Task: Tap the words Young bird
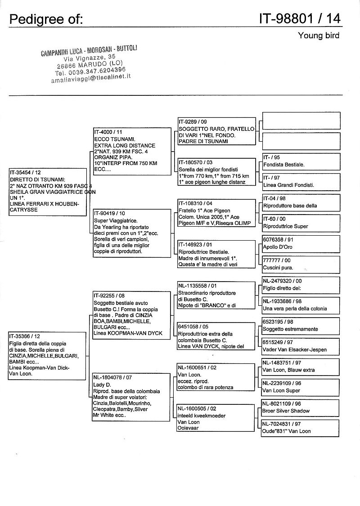click(x=319, y=36)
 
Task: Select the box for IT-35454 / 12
click(x=47, y=192)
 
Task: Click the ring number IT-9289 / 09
click(x=193, y=121)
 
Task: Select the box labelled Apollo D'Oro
click(x=301, y=244)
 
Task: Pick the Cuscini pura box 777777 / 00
click(x=301, y=264)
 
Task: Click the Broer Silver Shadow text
click(x=286, y=411)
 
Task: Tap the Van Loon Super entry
click(x=281, y=390)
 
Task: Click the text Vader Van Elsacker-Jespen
click(x=294, y=349)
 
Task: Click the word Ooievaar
click(x=188, y=428)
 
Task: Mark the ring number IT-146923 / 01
click(x=195, y=245)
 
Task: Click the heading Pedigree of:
click(x=46, y=19)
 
